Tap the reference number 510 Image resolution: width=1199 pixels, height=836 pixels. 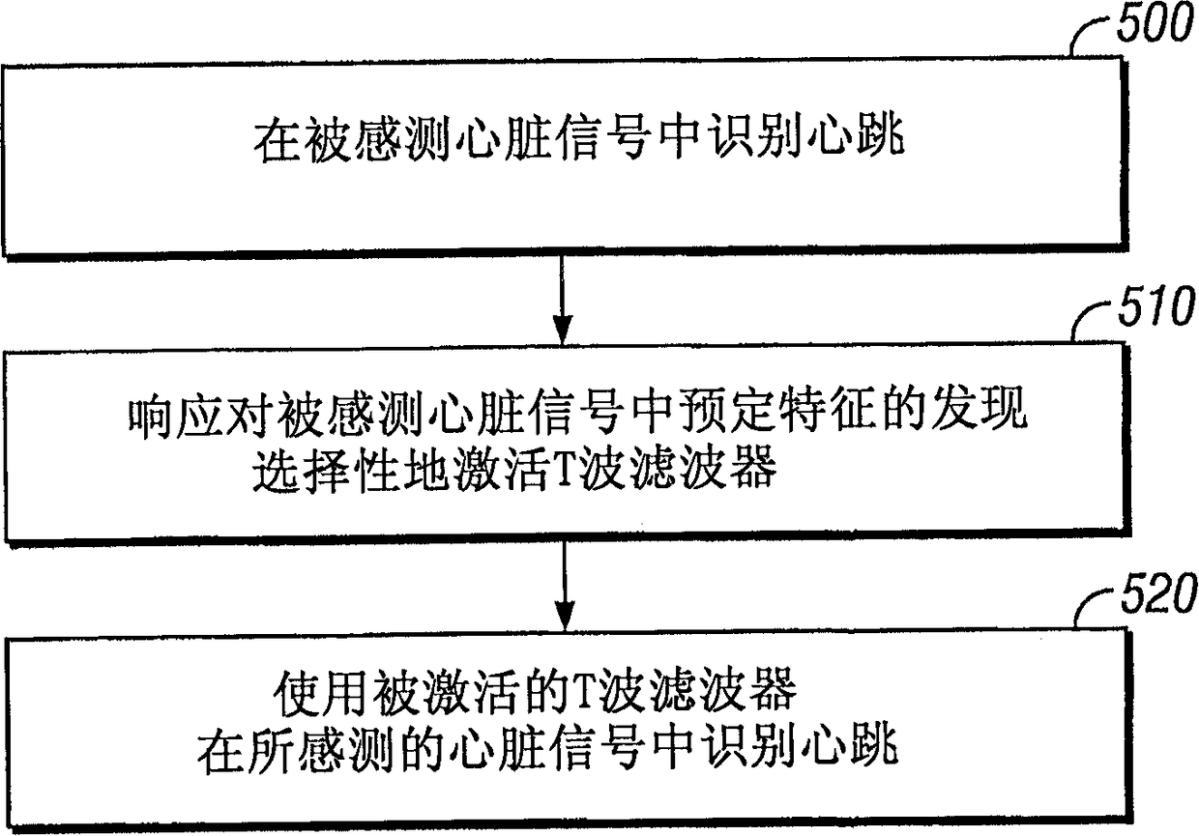point(1155,310)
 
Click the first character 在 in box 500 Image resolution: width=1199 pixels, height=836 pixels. point(273,142)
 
